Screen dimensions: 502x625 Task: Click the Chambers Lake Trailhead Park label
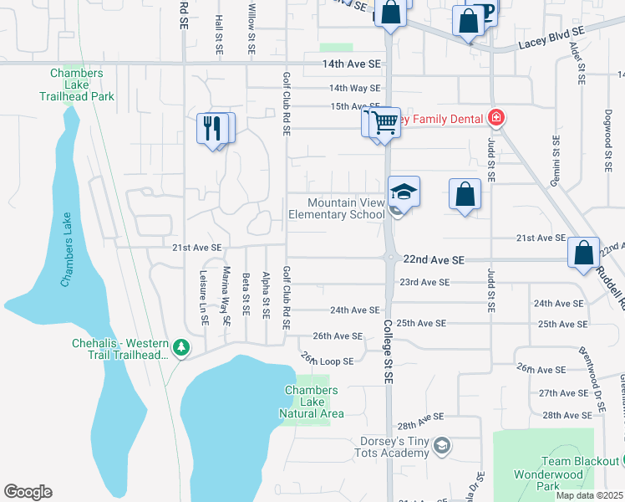pyautogui.click(x=76, y=85)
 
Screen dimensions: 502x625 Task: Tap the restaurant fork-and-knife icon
pyautogui.click(x=212, y=128)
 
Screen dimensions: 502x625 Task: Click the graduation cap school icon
pyautogui.click(x=404, y=192)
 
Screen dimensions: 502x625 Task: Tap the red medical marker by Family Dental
pyautogui.click(x=496, y=118)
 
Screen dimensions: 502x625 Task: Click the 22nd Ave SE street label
pyautogui.click(x=433, y=261)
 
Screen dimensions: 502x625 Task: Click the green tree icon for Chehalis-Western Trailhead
pyautogui.click(x=179, y=346)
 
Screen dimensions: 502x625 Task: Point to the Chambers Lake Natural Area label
pyautogui.click(x=312, y=402)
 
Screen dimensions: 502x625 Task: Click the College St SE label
pyautogui.click(x=388, y=352)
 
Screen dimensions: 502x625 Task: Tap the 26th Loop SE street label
pyautogui.click(x=328, y=361)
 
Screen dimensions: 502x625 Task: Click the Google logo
pyautogui.click(x=28, y=492)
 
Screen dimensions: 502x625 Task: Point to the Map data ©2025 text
pyautogui.click(x=589, y=495)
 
